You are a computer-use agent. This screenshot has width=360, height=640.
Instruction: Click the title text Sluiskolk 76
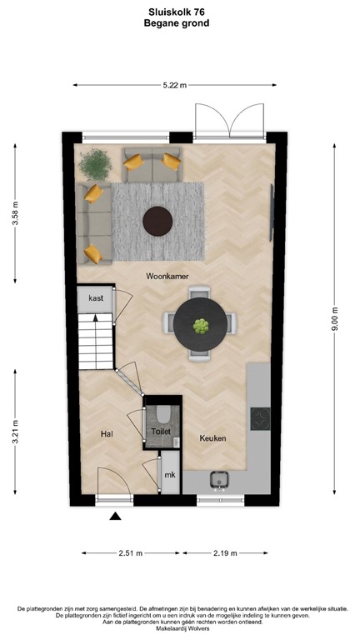[x=181, y=13]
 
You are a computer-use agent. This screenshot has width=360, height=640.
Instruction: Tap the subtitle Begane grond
[x=181, y=24]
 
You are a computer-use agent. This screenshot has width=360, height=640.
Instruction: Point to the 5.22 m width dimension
[x=173, y=85]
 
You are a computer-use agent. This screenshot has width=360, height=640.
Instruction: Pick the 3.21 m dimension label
[x=15, y=436]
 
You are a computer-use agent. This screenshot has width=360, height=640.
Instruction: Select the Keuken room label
[x=212, y=438]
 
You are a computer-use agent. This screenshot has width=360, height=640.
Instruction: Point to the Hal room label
[x=107, y=433]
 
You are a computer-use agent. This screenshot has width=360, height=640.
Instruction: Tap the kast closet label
[x=95, y=297]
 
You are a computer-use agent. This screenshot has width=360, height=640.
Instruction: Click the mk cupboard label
[x=169, y=476]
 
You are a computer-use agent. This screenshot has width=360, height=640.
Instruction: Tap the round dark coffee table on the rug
[x=157, y=221]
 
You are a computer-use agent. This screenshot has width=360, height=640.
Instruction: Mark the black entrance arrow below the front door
[x=115, y=517]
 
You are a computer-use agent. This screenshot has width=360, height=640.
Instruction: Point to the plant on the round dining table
[x=200, y=325]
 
